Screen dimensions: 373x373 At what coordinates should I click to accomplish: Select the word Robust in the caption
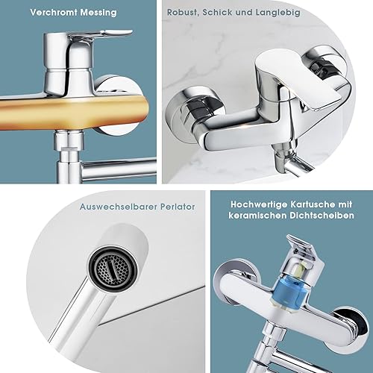[183, 13]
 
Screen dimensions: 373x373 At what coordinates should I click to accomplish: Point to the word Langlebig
[278, 13]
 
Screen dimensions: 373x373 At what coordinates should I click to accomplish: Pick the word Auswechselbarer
[119, 207]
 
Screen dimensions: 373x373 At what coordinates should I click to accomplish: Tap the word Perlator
[178, 207]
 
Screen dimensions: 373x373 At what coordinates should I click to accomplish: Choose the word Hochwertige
[259, 204]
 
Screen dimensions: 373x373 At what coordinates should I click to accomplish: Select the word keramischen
[257, 216]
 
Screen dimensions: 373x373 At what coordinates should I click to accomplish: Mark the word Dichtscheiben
[322, 216]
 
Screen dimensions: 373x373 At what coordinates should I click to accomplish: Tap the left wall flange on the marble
[192, 114]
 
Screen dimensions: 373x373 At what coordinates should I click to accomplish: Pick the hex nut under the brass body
[69, 141]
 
